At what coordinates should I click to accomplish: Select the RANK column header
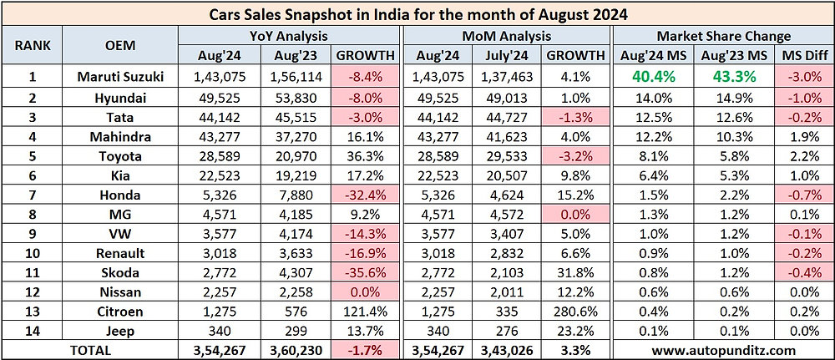tap(32, 45)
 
